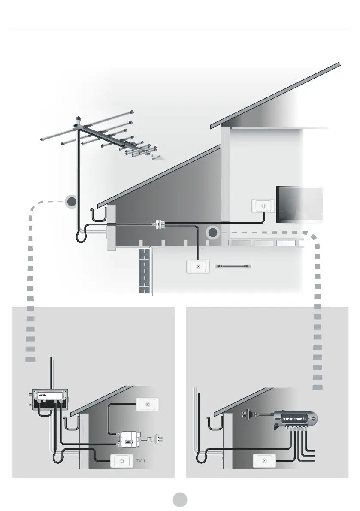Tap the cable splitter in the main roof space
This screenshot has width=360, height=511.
coord(159,224)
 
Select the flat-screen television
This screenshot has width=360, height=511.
coord(299,204)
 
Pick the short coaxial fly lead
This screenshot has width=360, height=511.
coord(234,266)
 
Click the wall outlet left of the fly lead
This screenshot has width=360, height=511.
coord(198,267)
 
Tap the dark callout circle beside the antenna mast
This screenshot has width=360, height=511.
coord(72,202)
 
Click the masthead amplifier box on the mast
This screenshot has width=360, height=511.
coord(50,399)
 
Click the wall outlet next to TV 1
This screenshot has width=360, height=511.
coord(122,461)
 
